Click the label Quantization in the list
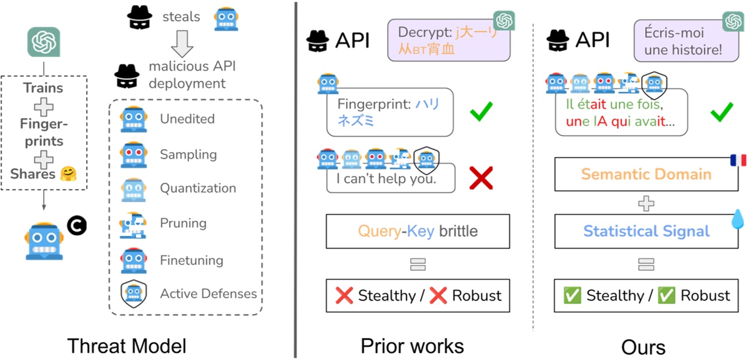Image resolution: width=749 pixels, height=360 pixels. tap(198, 188)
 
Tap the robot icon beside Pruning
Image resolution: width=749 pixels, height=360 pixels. tap(133, 224)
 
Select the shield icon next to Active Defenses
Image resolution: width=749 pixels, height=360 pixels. tap(133, 293)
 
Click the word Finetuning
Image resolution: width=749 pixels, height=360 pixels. tap(191, 260)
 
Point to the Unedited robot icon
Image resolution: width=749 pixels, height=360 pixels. tap(133, 119)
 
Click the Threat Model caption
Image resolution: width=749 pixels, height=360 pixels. tap(127, 346)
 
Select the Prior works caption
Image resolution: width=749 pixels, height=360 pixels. tap(412, 346)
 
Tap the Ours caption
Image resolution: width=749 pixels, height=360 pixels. tap(643, 347)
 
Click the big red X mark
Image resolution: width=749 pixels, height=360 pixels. tap(481, 178)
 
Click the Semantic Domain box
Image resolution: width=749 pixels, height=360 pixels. tap(646, 175)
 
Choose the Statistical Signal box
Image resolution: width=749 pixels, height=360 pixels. tap(646, 231)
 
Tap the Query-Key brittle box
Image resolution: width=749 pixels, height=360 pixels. tap(418, 231)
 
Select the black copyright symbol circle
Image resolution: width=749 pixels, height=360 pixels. tap(76, 226)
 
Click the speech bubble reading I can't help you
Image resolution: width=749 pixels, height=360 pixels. tap(391, 179)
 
